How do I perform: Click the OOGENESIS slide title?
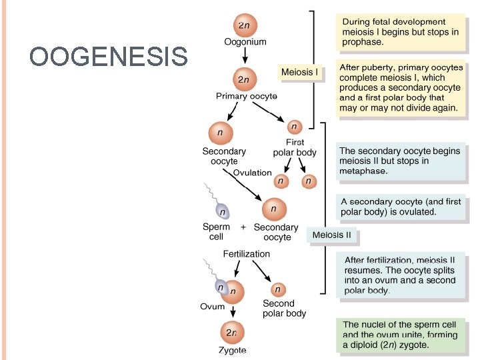[109, 57]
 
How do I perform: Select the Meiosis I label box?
[300, 71]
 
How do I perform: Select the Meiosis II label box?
[331, 235]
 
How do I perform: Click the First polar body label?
[295, 147]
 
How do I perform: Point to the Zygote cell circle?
[231, 331]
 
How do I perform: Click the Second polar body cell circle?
[279, 289]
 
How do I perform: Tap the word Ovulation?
[252, 173]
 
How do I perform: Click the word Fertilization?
[246, 254]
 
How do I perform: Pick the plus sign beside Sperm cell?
[243, 227]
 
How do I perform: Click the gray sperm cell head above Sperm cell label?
[223, 212]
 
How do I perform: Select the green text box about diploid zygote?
[400, 335]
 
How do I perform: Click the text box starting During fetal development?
[399, 31]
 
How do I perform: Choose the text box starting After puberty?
[399, 88]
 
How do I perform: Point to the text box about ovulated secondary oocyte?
[400, 207]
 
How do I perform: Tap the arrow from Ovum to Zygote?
[231, 311]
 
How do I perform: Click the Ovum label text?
[212, 307]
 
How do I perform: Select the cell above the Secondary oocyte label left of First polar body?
[221, 133]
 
